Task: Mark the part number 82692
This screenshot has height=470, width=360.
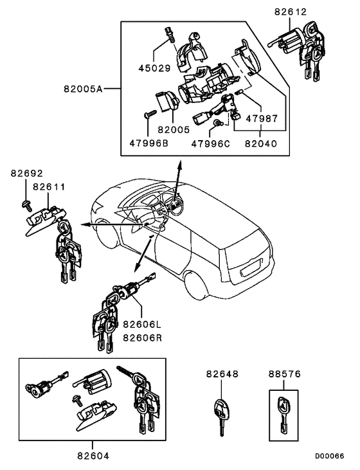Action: coord(26,174)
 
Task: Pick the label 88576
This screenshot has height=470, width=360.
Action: coord(283,373)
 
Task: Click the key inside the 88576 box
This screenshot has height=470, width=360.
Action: coord(283,411)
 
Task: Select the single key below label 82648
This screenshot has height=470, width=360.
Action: coord(221,415)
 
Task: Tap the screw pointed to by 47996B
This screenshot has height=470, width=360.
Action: coord(147,116)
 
